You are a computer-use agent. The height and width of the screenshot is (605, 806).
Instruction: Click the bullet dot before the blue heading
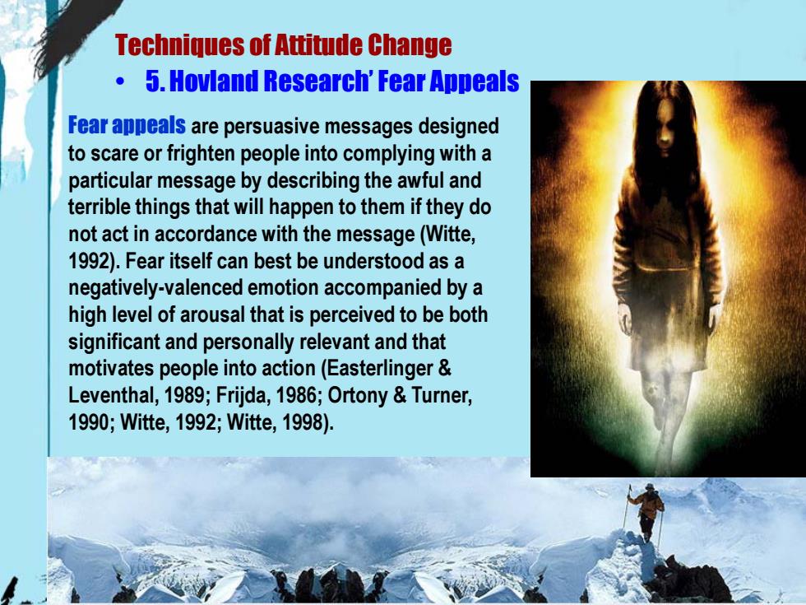(x=120, y=81)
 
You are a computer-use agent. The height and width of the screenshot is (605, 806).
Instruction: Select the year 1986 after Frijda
(x=297, y=395)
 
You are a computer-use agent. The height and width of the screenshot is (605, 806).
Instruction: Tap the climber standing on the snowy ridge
(x=646, y=511)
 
